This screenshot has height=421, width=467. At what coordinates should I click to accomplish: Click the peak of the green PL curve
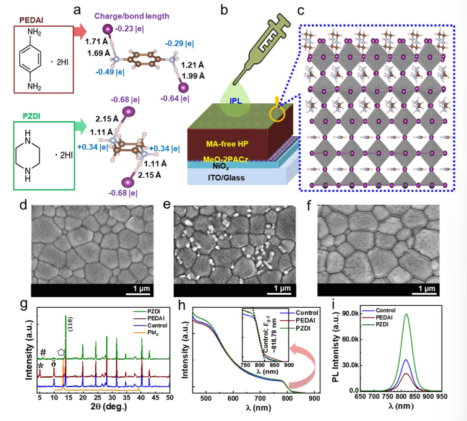(406, 314)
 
